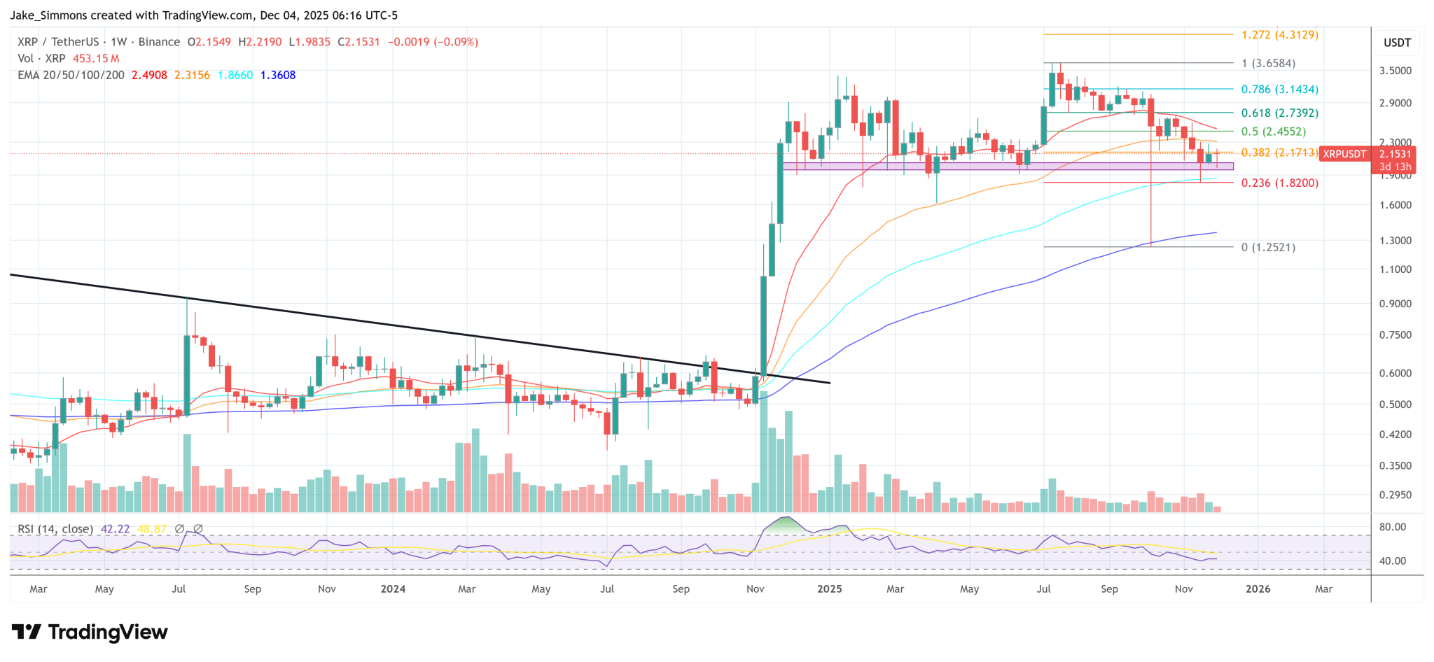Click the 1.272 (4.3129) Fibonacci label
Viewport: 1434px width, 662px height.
(x=1279, y=34)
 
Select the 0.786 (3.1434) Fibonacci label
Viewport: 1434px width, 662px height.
(x=1279, y=90)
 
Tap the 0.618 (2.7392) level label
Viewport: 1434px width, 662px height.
(x=1279, y=113)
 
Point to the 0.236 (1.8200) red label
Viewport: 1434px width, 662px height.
(x=1279, y=183)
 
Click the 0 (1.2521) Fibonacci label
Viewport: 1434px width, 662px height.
(x=1268, y=248)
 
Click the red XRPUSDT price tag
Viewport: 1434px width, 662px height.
(x=1344, y=154)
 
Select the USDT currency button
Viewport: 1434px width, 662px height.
(x=1397, y=43)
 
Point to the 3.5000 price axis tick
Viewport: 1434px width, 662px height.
(x=1395, y=71)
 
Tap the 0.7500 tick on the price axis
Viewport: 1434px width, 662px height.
(x=1395, y=335)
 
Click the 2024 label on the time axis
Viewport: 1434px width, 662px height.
(x=393, y=589)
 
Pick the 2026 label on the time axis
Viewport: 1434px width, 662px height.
(x=1258, y=589)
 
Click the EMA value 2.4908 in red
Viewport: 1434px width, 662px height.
(x=149, y=75)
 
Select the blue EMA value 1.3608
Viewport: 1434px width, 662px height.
(x=277, y=75)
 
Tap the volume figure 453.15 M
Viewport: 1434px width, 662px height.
(x=96, y=59)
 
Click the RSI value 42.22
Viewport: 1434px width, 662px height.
(x=116, y=529)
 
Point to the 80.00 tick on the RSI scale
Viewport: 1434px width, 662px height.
(x=1392, y=527)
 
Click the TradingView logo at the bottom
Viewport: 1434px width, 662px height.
(x=90, y=633)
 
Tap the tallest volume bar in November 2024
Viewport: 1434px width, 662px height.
(x=764, y=448)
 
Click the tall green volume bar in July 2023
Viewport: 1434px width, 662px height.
(x=187, y=472)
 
